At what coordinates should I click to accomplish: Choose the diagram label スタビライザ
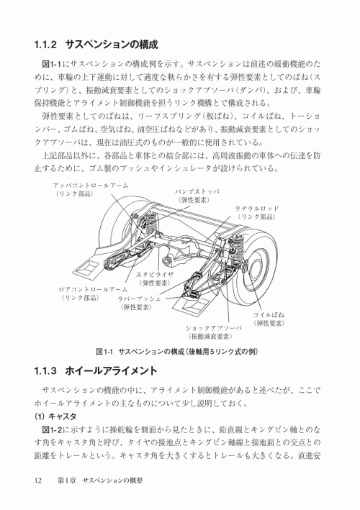click(x=154, y=275)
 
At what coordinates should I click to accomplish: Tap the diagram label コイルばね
click(x=268, y=315)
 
